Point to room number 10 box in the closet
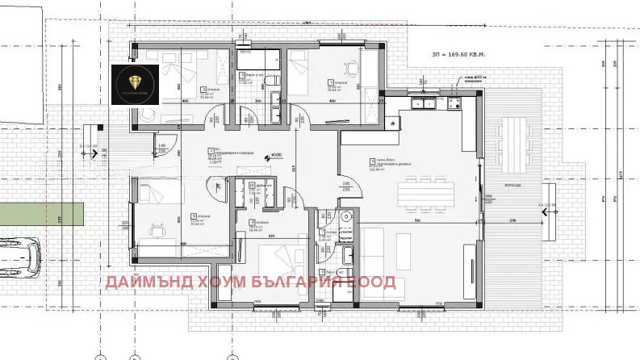(253, 186)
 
